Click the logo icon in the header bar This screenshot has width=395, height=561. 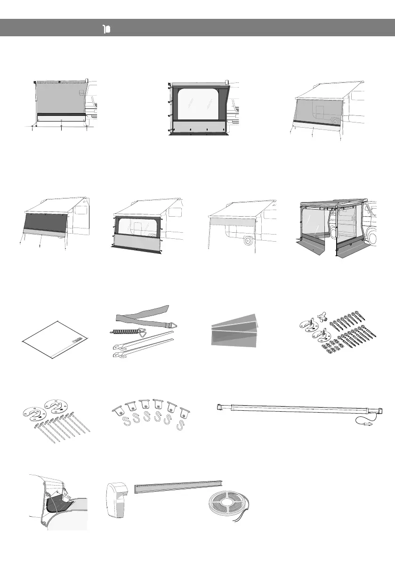[x=106, y=29]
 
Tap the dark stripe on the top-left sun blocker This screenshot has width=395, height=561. [x=61, y=115]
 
